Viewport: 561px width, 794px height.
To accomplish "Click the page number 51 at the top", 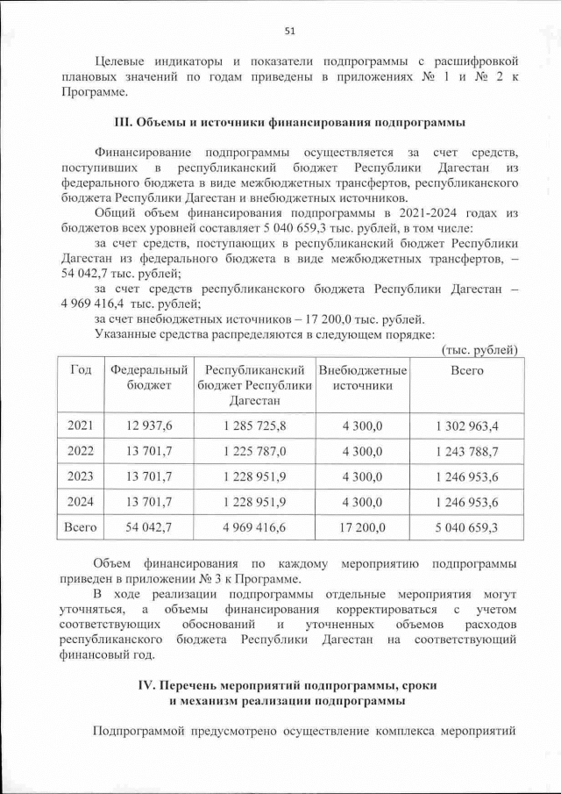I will pos(289,32).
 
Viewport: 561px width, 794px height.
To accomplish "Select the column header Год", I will pos(81,370).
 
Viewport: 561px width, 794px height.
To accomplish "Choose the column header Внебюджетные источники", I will pos(363,377).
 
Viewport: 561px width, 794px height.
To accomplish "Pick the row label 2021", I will pos(81,426).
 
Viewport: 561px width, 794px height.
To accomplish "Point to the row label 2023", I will pos(81,476).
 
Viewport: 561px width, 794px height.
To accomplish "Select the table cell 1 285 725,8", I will pos(254,426).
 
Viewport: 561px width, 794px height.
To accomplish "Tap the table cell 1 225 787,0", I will pos(254,451).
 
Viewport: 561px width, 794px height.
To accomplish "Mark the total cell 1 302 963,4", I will pos(466,426).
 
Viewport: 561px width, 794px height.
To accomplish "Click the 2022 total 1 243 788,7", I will pos(466,451).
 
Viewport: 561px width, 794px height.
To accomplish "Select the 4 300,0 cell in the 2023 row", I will pos(363,476).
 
